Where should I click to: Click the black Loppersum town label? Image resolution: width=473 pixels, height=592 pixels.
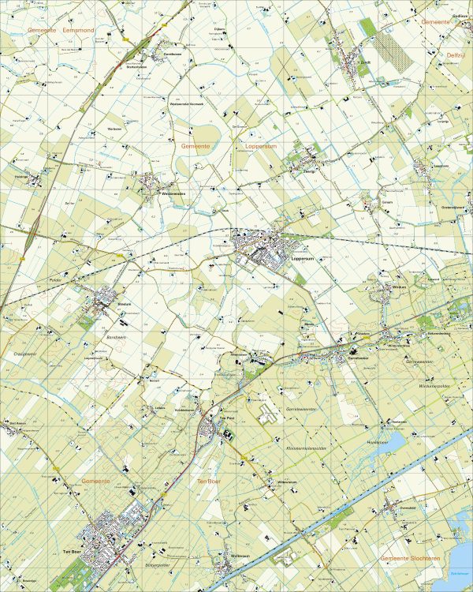click(302, 258)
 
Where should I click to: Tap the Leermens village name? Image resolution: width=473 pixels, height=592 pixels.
click(441, 167)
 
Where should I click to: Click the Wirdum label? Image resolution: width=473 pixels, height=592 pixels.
click(398, 288)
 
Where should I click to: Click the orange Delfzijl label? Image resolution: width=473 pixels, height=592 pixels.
click(457, 55)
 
